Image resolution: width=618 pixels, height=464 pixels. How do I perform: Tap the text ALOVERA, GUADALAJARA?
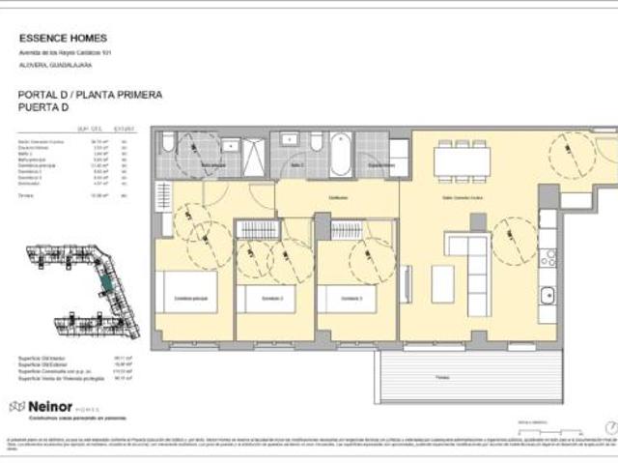[x=55, y=65]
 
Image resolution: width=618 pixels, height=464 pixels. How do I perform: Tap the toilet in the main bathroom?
[x=168, y=145]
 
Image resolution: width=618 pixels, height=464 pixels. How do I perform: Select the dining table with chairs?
[x=462, y=160]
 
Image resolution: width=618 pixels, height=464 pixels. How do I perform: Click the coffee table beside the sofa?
[x=442, y=282]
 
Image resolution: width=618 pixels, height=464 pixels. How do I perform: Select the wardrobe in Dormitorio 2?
[x=257, y=230]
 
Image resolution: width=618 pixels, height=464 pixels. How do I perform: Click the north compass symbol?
[x=609, y=426]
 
